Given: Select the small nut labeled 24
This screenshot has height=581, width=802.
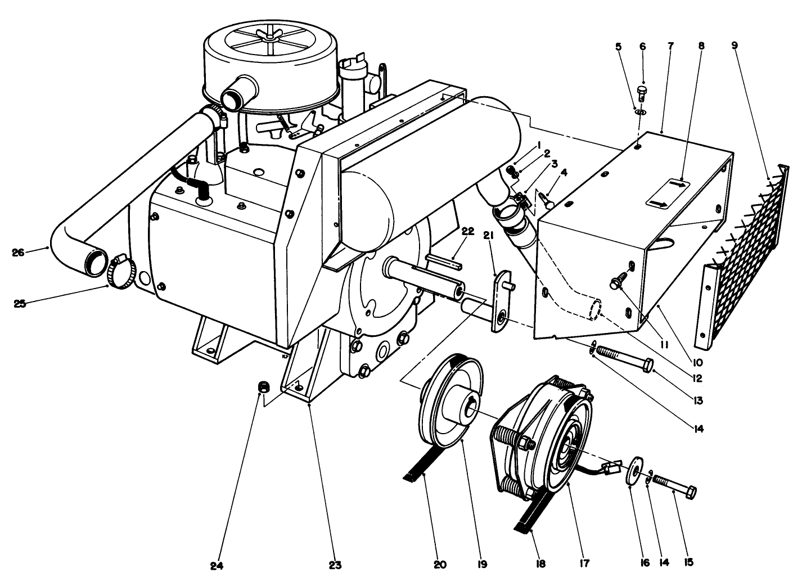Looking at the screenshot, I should point(262,387).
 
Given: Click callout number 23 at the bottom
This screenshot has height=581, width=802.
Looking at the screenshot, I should point(336,564).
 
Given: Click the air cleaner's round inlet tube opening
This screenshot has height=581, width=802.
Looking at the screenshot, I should point(231,99).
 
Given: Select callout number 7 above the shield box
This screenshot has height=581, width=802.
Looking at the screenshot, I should point(670,47).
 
